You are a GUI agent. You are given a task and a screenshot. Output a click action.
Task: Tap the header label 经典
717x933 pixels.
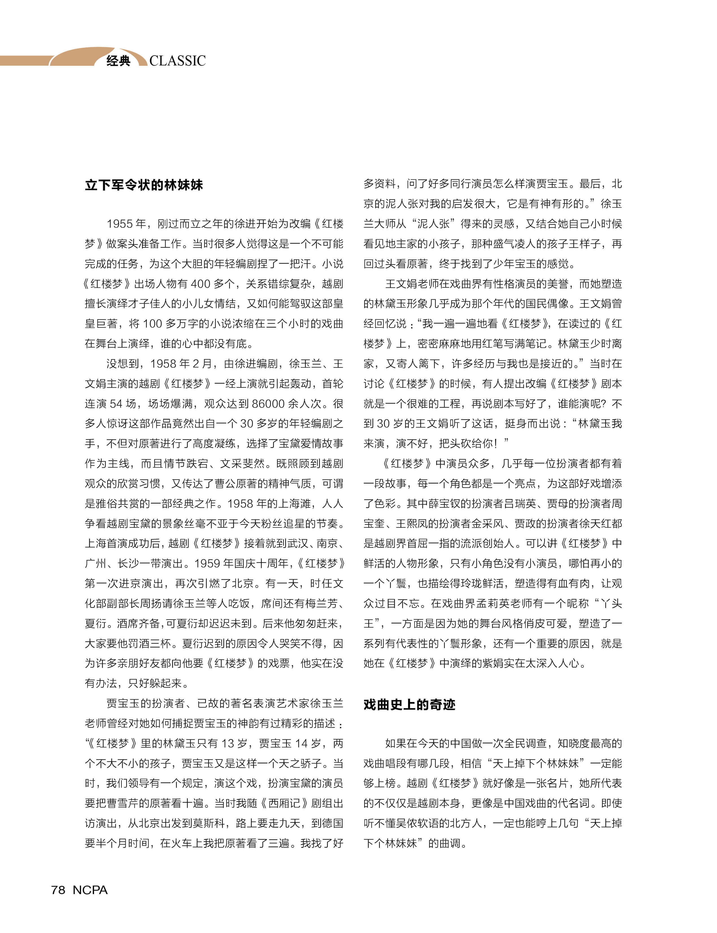coord(118,61)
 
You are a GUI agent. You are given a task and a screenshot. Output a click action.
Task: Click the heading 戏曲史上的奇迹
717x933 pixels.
coord(409,704)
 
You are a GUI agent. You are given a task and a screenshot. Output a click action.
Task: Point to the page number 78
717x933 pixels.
coord(58,890)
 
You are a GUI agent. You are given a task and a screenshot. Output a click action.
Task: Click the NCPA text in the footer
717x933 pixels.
coord(90,890)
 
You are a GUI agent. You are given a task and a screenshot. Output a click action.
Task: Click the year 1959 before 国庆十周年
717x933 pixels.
coord(207,564)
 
